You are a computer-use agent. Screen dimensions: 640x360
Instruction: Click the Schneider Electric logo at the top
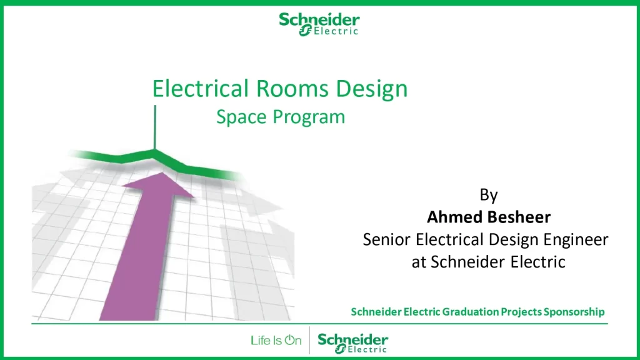click(x=319, y=24)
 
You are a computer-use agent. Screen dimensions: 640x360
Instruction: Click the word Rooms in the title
click(x=292, y=89)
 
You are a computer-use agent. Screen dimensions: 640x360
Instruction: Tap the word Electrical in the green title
click(x=200, y=89)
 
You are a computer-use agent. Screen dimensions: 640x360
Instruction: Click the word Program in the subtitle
click(x=309, y=117)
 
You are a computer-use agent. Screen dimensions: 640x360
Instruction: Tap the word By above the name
click(x=489, y=195)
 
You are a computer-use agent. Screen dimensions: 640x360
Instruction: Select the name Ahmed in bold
click(x=453, y=217)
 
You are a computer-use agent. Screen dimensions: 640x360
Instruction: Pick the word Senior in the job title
click(x=386, y=239)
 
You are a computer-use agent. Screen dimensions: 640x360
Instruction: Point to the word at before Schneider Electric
click(x=419, y=262)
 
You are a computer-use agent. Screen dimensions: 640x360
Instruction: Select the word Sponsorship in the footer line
click(x=574, y=312)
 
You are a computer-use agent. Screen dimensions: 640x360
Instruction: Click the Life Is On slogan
click(x=276, y=341)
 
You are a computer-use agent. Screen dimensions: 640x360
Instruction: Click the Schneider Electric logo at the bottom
click(x=353, y=343)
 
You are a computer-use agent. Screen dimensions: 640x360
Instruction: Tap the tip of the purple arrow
click(x=163, y=172)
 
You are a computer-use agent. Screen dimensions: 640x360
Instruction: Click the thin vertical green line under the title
click(x=155, y=127)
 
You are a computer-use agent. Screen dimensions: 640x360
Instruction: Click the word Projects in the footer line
click(x=521, y=312)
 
